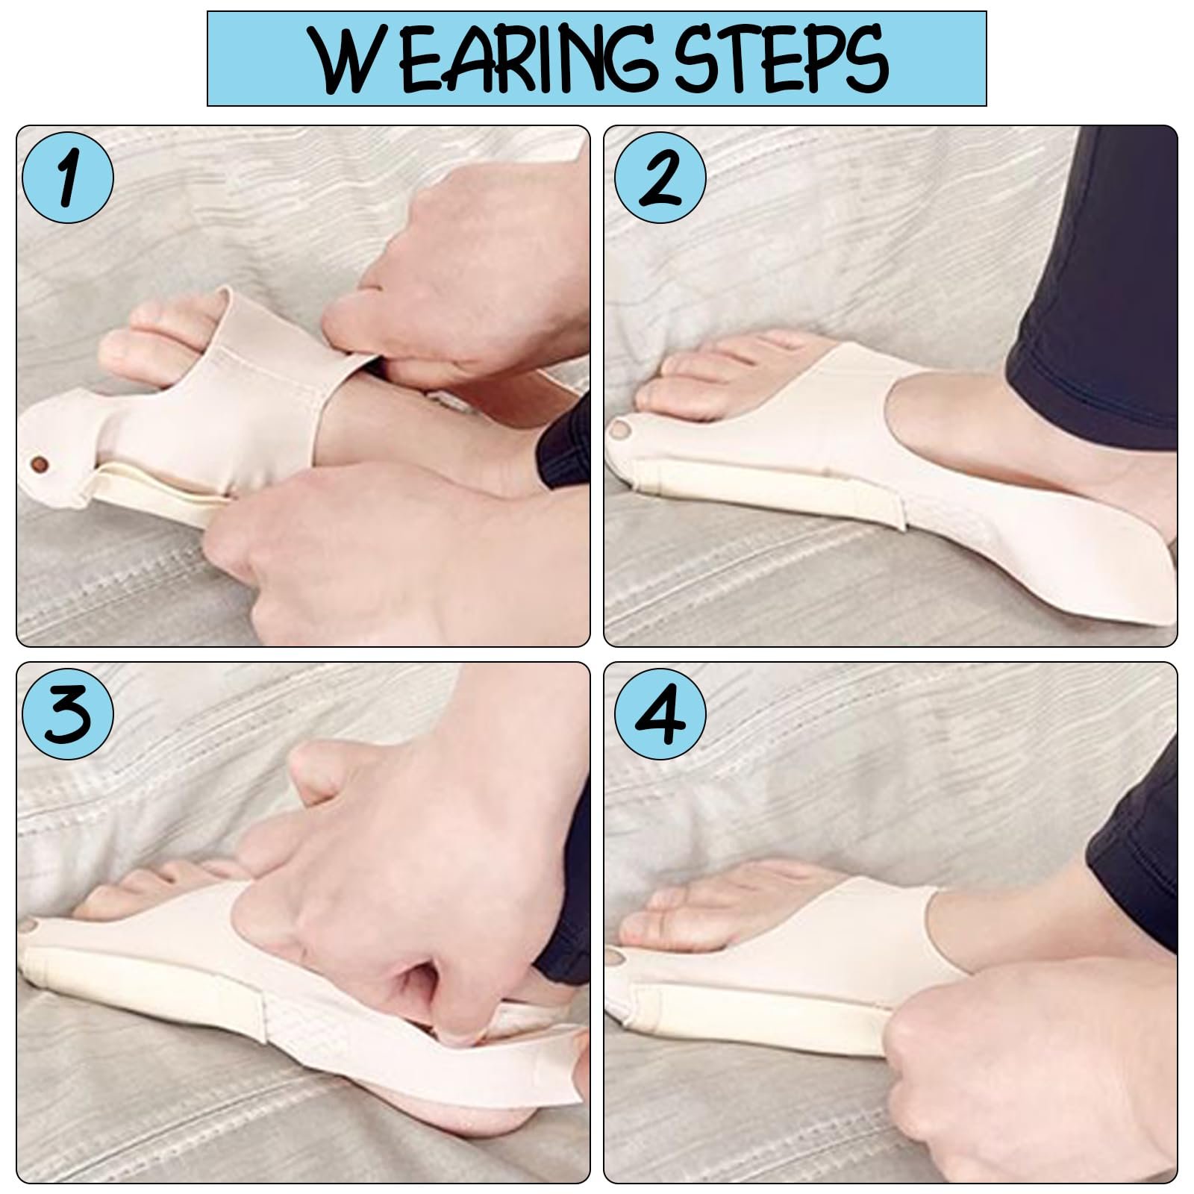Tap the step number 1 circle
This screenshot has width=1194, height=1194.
(x=69, y=178)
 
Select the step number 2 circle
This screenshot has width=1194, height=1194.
(x=660, y=178)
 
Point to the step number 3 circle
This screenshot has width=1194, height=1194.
(x=69, y=713)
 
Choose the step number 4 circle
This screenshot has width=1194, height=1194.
(x=660, y=713)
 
